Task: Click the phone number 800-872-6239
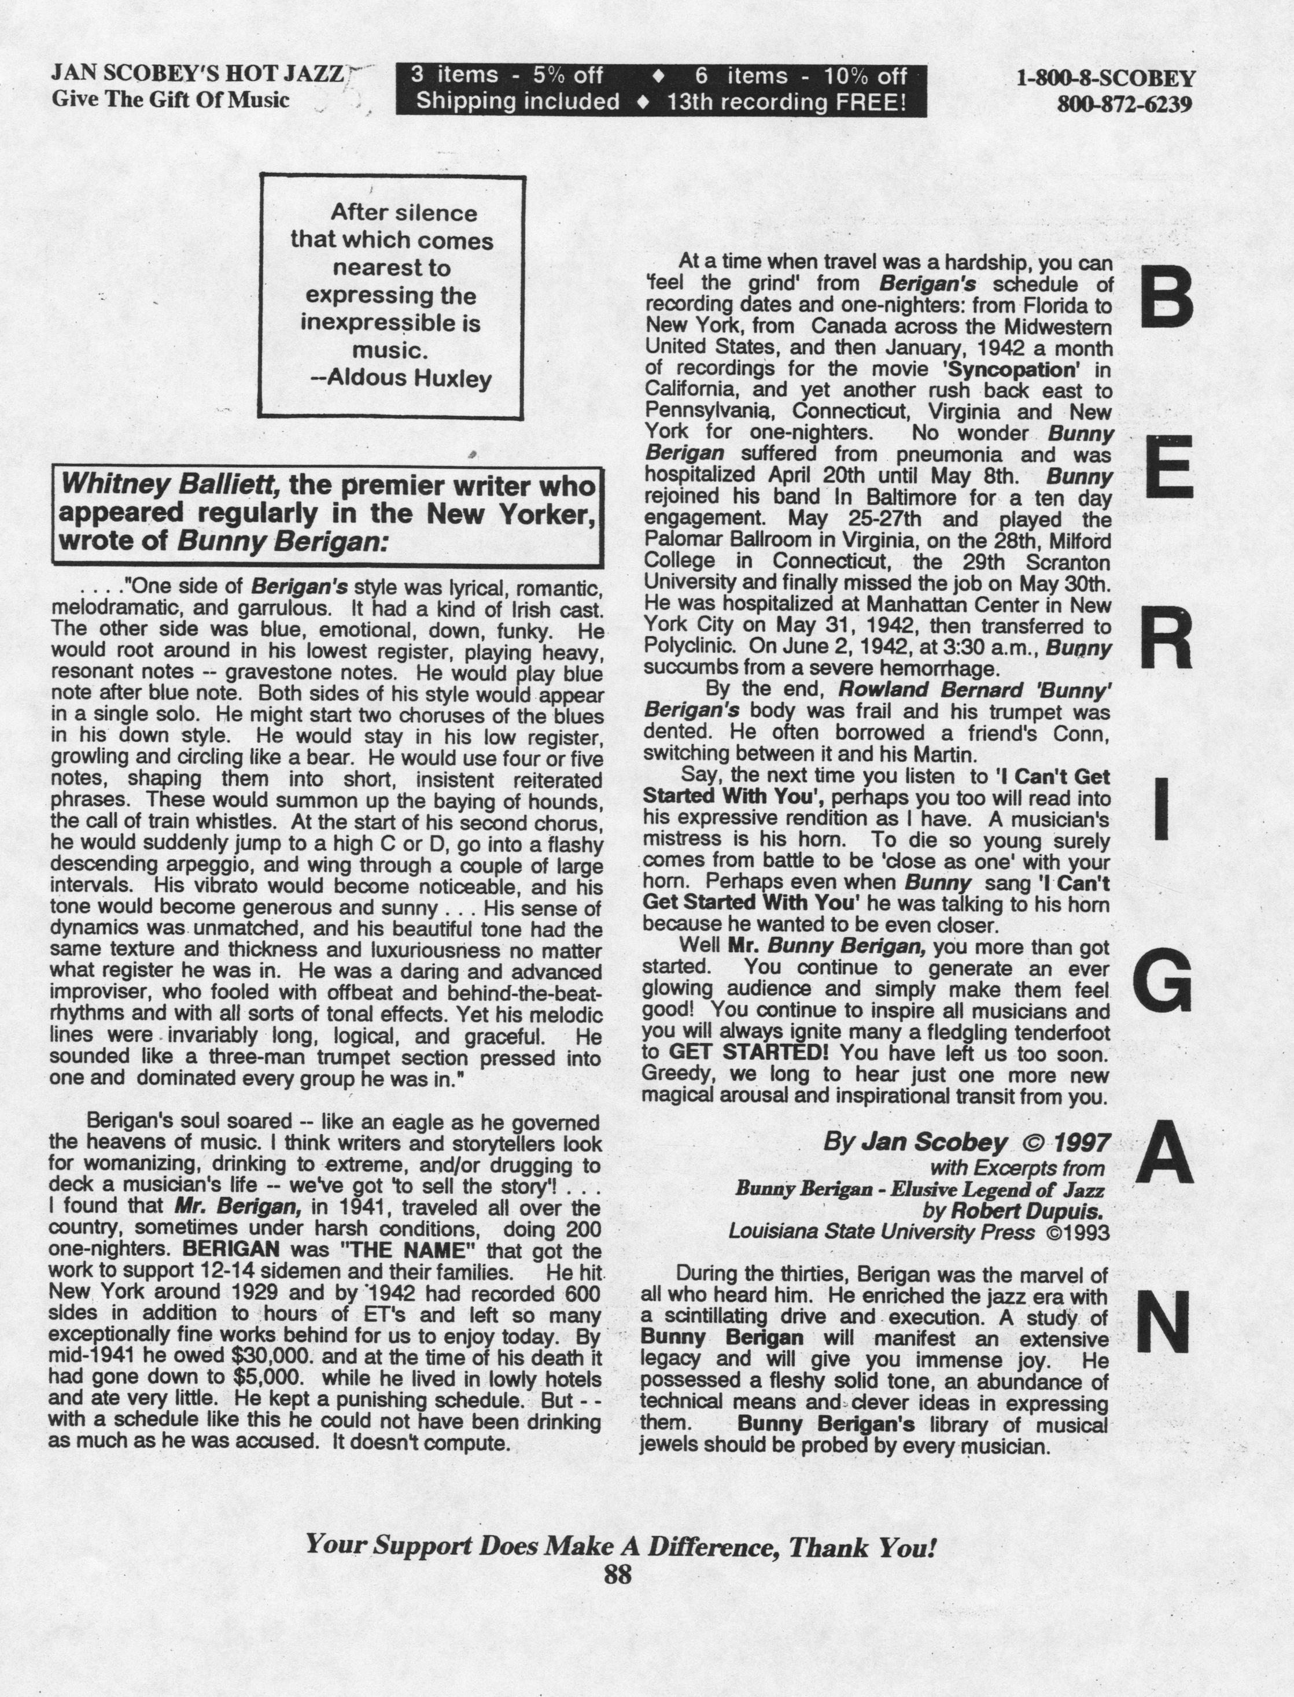[x=1125, y=103]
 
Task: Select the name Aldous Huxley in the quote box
[x=409, y=378]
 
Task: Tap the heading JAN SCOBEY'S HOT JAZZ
[x=197, y=73]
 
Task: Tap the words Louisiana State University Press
[x=881, y=1232]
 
